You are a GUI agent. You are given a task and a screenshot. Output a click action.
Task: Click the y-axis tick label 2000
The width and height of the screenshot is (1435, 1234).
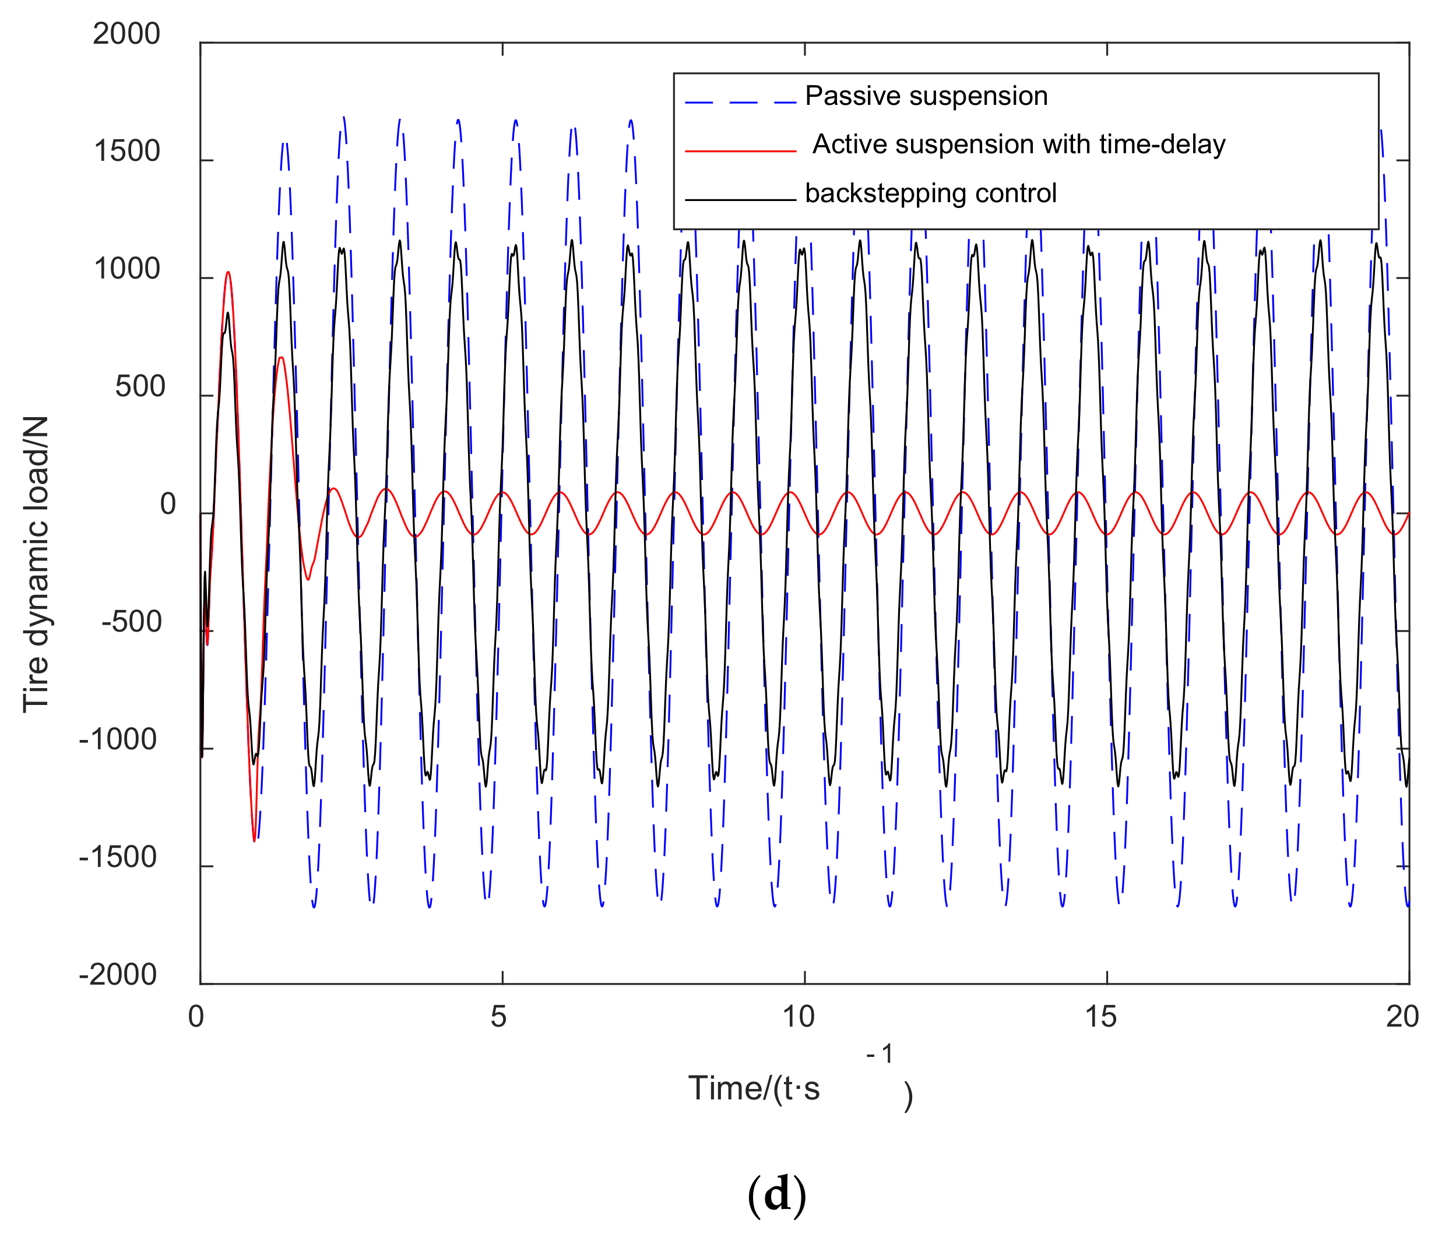coord(126,34)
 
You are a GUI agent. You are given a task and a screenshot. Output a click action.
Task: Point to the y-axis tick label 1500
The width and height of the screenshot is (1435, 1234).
coord(126,151)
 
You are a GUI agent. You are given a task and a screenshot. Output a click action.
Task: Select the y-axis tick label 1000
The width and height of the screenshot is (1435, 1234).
coord(126,269)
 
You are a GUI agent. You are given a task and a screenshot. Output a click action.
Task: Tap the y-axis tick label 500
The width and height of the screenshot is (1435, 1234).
coord(140,387)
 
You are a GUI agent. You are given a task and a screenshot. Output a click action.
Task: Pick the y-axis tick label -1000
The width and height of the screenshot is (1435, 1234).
coord(118,741)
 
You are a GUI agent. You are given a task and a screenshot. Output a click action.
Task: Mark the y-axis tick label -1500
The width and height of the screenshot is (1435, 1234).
coord(118,858)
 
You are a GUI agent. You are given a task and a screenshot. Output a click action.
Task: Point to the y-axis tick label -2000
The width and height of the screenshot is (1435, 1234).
coord(118,975)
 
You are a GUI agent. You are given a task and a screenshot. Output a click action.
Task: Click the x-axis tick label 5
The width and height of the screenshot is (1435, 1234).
coord(499,1017)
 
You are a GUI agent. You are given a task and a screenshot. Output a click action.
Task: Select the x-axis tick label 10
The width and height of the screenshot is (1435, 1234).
coord(800,1017)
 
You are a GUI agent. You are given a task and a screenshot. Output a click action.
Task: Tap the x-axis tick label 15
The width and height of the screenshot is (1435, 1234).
coord(1101,1017)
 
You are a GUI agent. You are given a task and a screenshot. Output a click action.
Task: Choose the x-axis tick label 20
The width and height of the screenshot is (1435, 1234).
coord(1402,1017)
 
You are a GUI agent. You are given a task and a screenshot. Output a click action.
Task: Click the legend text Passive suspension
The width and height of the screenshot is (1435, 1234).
coord(926,96)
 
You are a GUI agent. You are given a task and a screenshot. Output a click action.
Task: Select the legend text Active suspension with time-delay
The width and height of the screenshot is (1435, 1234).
coord(1018,144)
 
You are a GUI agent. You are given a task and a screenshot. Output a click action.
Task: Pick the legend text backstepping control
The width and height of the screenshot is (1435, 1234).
coord(930,193)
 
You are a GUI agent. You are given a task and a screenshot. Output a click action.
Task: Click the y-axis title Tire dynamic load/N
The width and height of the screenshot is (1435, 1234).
coord(36,565)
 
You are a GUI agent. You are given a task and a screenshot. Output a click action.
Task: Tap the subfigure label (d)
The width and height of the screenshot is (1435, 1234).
coord(776,1197)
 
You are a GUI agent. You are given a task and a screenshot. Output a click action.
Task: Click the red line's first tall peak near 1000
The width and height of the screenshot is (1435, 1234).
coord(228,272)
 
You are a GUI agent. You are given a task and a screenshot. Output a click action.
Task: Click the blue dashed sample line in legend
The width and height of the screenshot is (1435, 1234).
coord(740,102)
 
